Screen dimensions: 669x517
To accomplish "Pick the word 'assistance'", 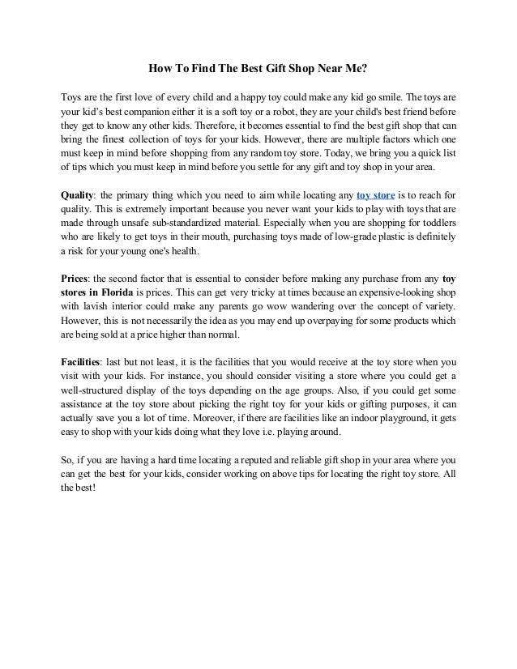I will (87, 403).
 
